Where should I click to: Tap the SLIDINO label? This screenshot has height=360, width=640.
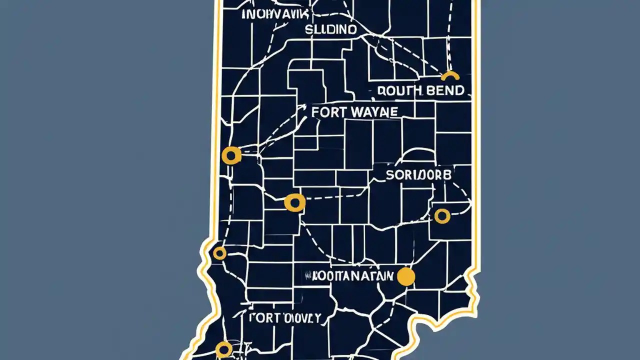[331, 30]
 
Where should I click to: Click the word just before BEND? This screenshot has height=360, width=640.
[399, 90]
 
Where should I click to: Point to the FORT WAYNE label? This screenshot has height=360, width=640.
[354, 111]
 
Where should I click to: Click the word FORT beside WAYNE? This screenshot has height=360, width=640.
[328, 111]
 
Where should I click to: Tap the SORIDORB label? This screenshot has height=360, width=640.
[418, 175]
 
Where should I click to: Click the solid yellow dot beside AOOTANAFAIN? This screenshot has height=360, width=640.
[405, 276]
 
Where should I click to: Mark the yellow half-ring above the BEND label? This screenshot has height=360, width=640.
[450, 76]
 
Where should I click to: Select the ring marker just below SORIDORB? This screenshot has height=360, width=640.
[442, 216]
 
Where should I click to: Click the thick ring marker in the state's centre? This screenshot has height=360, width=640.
[294, 202]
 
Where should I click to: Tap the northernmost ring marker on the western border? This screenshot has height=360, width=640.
[231, 156]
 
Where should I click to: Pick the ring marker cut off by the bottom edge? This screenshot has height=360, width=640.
[223, 348]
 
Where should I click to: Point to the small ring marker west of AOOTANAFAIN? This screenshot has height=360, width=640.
[219, 253]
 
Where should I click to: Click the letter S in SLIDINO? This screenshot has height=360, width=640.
[308, 30]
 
